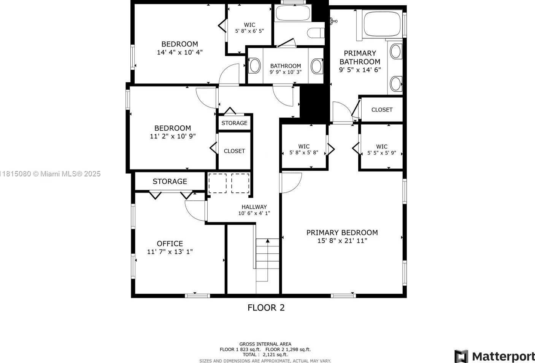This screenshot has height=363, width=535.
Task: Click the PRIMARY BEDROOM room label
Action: (342, 233)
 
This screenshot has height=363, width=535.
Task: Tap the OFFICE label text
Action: (170, 244)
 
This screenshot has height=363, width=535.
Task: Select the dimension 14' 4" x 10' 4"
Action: (179, 52)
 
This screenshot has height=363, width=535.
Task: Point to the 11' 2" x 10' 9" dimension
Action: (173, 136)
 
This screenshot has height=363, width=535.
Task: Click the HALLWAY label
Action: (254, 207)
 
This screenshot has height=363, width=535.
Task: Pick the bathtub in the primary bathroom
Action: (382, 24)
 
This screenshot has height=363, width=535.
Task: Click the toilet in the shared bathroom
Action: (316, 33)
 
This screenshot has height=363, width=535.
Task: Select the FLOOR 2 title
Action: (266, 307)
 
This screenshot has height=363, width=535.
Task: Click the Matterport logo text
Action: (503, 357)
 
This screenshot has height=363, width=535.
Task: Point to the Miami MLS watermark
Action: (50, 174)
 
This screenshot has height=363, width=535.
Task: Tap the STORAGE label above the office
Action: (170, 181)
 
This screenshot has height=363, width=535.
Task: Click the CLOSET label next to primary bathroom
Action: (382, 110)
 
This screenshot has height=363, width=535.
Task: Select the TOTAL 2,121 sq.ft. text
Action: (265, 355)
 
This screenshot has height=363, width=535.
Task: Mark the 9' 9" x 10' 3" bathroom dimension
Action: (286, 72)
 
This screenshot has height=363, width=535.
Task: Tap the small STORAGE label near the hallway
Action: (234, 123)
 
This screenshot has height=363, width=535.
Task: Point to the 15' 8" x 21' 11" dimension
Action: (342, 241)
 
